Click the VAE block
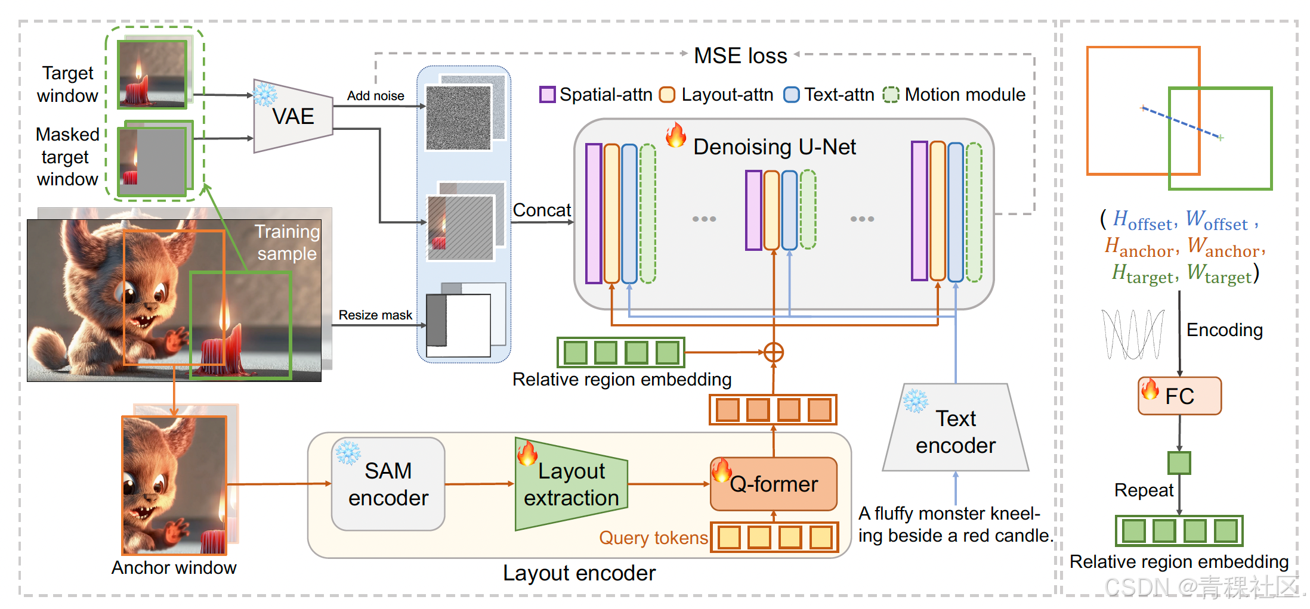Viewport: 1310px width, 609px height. pos(293,116)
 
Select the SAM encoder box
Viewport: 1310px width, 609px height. pos(388,484)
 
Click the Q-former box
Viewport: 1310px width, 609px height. pos(774,484)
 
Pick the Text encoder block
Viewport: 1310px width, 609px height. pos(956,432)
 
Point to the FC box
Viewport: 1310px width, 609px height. pos(1179,396)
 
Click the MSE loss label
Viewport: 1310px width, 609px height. pos(740,55)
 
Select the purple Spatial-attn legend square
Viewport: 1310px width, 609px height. pos(547,95)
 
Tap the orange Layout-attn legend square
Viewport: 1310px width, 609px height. pos(667,95)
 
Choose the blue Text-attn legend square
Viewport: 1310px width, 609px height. pos(791,95)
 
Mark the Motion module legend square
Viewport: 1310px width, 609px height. pos(891,95)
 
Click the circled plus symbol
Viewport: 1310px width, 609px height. pos(774,352)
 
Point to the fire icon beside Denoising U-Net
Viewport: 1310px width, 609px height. pos(676,135)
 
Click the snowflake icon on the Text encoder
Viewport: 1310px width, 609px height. pos(916,401)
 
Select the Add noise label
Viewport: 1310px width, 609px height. pos(375,96)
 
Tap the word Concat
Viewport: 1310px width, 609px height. pos(542,210)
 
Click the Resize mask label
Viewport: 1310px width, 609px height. pos(375,315)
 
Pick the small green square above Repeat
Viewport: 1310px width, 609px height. pos(1179,462)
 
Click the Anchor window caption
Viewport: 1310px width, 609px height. pos(174,568)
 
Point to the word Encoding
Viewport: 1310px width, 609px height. pos(1224,330)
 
